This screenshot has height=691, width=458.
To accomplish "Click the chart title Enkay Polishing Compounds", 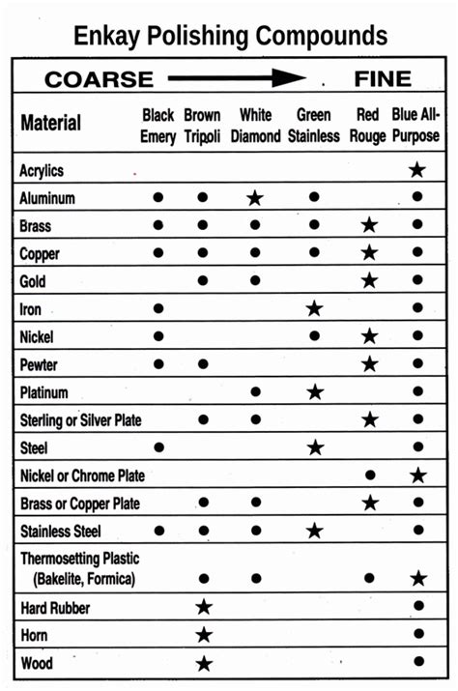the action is click(230, 37).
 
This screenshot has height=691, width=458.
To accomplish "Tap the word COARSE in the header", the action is click(99, 79).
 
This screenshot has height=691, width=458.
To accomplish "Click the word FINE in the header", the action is click(383, 79).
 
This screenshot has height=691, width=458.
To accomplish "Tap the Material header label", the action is click(50, 124).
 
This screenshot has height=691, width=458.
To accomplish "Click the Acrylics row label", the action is click(42, 170).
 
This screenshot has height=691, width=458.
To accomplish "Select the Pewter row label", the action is click(40, 364).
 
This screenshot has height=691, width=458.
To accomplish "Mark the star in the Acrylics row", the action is click(417, 170).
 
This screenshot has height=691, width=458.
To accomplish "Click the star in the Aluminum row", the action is click(255, 198).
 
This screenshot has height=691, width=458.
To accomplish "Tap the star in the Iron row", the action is click(314, 309).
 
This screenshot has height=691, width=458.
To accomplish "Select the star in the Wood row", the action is click(203, 663).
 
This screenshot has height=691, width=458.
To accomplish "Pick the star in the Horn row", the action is click(203, 635).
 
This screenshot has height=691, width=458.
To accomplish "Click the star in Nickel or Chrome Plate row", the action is click(417, 475).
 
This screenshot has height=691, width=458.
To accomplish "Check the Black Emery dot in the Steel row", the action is click(158, 447).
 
